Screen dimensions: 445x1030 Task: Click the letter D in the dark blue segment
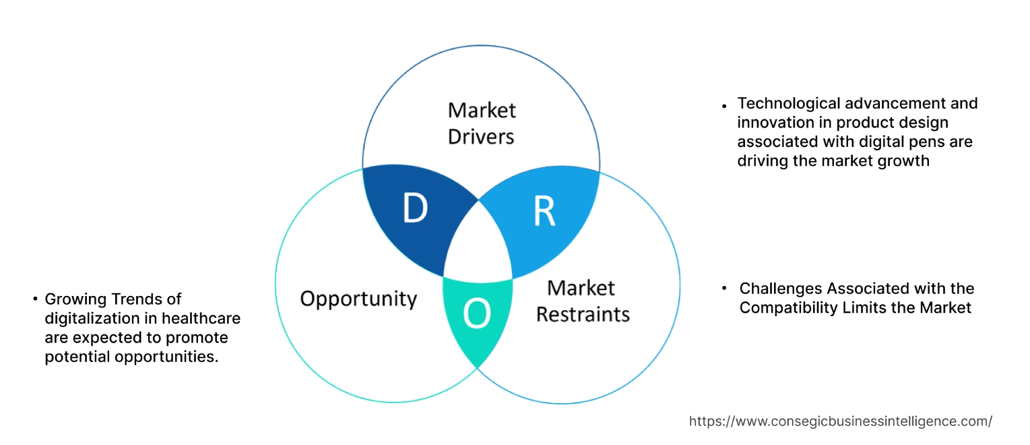(415, 209)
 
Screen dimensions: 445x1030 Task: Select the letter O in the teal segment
(476, 315)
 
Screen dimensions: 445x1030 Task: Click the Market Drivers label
(481, 123)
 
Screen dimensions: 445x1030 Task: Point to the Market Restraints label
(583, 301)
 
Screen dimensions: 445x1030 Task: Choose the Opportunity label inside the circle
(358, 299)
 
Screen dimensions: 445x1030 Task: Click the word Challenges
(781, 289)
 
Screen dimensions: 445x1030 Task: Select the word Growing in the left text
(73, 299)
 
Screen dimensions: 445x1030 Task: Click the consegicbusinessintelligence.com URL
(840, 421)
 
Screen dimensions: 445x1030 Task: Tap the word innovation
(771, 123)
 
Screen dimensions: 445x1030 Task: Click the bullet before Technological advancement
(724, 106)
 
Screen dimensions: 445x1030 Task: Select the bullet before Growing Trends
(34, 299)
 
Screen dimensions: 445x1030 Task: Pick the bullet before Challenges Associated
(725, 289)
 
